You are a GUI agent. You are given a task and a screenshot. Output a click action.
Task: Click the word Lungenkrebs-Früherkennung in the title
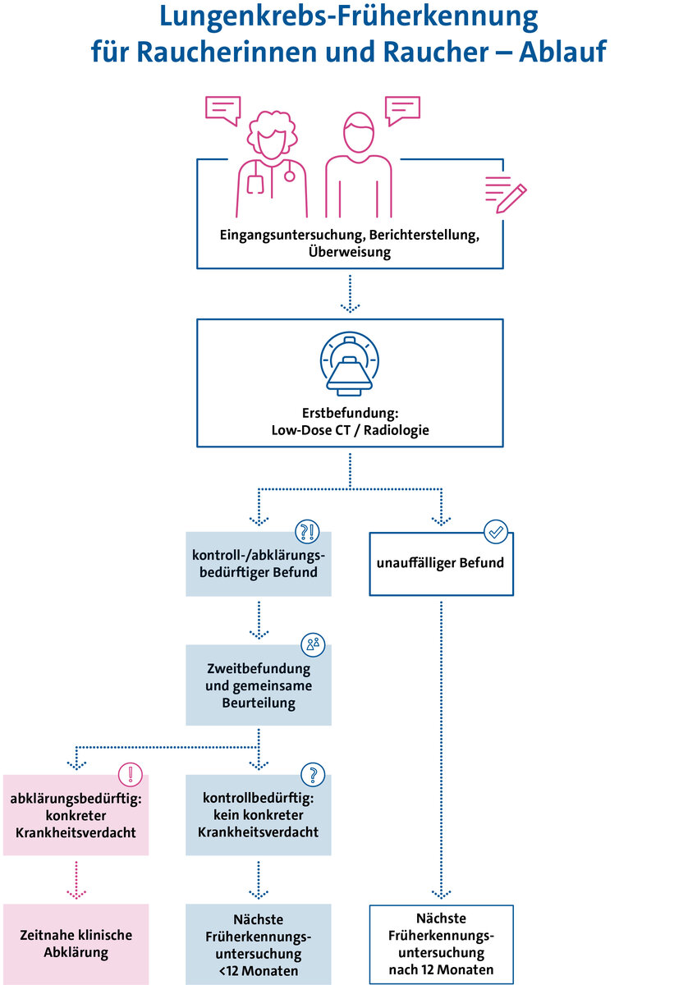click(349, 17)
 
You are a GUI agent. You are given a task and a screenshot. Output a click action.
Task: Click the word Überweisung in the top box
click(350, 253)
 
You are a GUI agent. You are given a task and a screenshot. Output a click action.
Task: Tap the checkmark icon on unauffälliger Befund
click(496, 532)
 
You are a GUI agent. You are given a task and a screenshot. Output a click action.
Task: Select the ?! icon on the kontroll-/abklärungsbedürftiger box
click(308, 532)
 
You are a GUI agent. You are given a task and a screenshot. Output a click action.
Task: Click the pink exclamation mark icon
click(131, 774)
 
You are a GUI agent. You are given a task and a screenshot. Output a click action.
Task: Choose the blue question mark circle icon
click(313, 774)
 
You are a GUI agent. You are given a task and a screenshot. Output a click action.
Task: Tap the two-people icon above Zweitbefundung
click(313, 644)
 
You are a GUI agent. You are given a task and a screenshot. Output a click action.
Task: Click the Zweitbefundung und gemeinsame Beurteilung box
click(259, 685)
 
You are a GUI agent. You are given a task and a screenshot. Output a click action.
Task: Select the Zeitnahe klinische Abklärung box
click(76, 944)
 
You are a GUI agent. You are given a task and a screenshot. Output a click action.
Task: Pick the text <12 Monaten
click(259, 971)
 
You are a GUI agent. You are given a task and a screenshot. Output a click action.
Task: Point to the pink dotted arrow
click(76, 880)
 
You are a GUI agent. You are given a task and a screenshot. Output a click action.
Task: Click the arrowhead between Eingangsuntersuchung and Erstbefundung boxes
click(350, 307)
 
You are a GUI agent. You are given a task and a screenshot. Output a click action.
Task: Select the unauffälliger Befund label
click(440, 564)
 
